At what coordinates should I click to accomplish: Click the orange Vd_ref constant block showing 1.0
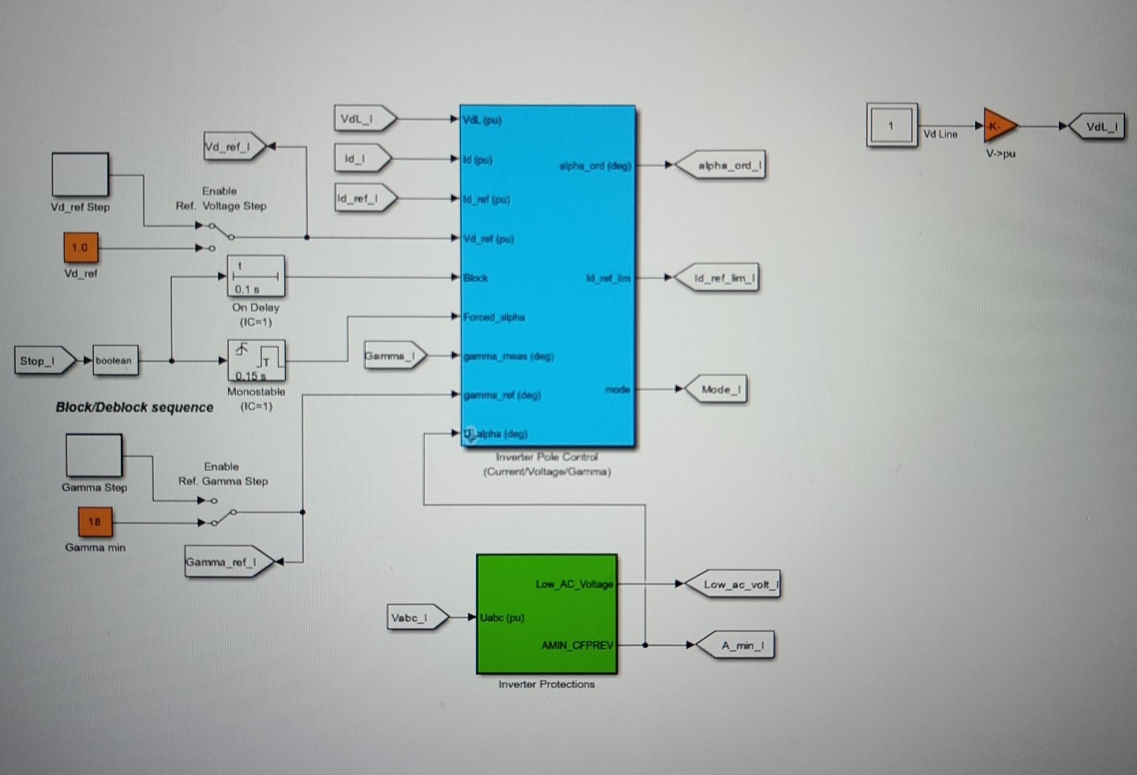pos(81,247)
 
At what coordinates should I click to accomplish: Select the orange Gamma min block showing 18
pos(95,521)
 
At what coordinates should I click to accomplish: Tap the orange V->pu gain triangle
pos(999,126)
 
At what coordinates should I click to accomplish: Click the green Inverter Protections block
pos(546,614)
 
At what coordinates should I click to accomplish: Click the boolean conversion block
pos(114,360)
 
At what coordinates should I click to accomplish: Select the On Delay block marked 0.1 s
pos(256,277)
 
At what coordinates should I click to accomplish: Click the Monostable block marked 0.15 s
pos(256,361)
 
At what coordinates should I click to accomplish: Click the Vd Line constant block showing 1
pos(891,126)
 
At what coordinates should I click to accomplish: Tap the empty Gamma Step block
pos(94,456)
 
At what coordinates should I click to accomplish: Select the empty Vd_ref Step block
pos(81,175)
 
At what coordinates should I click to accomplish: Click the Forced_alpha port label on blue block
pos(494,317)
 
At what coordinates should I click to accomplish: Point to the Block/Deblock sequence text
pos(134,408)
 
